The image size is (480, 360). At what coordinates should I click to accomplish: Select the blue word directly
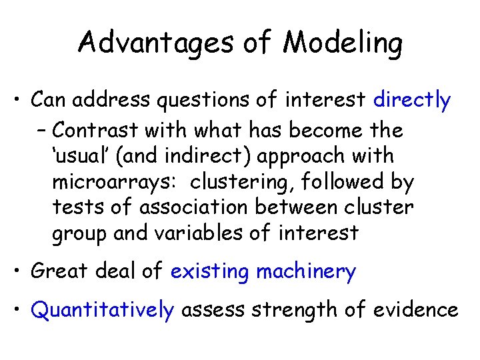click(412, 101)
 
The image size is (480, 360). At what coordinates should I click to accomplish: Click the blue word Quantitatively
click(103, 310)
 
